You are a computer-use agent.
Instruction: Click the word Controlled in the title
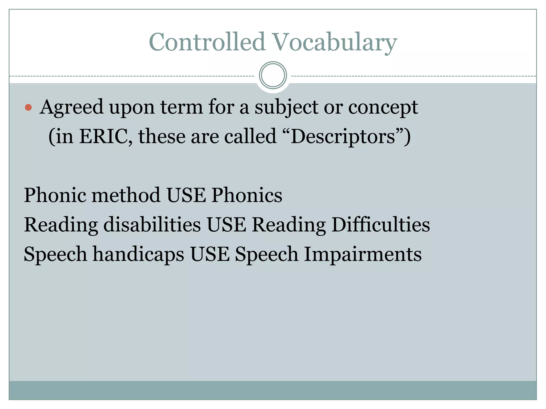[x=207, y=42]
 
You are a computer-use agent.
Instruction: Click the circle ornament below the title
[x=273, y=75]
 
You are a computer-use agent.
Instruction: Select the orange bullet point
[x=28, y=108]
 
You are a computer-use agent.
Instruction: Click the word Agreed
[x=71, y=108]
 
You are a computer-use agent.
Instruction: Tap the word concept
[x=383, y=108]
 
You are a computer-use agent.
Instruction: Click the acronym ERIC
[x=106, y=136]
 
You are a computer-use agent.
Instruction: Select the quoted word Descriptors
[x=343, y=136]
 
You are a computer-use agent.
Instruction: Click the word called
[x=250, y=136]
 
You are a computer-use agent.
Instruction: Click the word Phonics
[x=247, y=195]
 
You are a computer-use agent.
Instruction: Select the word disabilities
[x=152, y=224]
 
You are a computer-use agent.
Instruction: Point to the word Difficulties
[x=380, y=224]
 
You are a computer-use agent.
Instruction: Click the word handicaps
[x=138, y=254]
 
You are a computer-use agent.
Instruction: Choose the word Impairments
[x=363, y=254]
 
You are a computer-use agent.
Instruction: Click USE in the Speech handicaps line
[x=210, y=254]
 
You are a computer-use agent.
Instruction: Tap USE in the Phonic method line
[x=186, y=195]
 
